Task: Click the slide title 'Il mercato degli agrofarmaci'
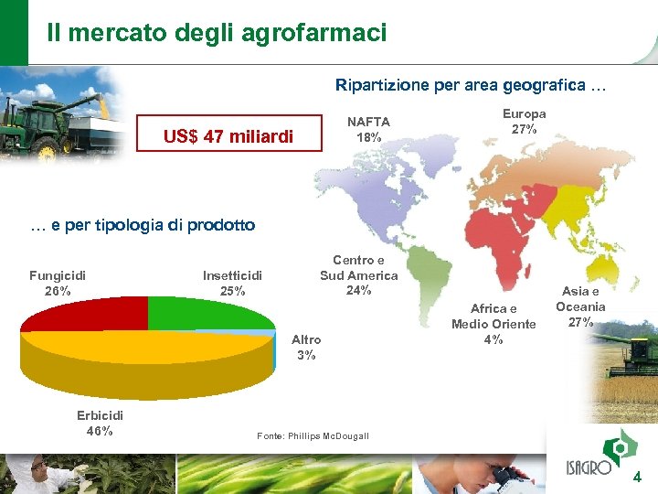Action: pyautogui.click(x=217, y=33)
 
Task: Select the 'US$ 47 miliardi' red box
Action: pyautogui.click(x=228, y=136)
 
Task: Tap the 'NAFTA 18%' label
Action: pyautogui.click(x=369, y=129)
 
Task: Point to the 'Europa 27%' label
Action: pyautogui.click(x=524, y=122)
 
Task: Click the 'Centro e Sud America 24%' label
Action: pyautogui.click(x=358, y=275)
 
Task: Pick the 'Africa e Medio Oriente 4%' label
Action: pyautogui.click(x=493, y=324)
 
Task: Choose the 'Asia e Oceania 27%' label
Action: pyautogui.click(x=580, y=306)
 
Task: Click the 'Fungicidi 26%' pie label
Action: pyautogui.click(x=58, y=283)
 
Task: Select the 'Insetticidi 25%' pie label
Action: pyautogui.click(x=232, y=283)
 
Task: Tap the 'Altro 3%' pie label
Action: pyautogui.click(x=306, y=347)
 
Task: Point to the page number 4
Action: pyautogui.click(x=637, y=477)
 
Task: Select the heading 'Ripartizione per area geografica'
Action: pyautogui.click(x=469, y=85)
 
